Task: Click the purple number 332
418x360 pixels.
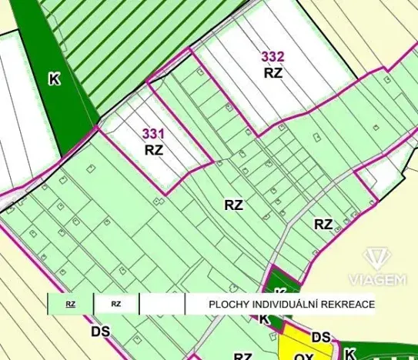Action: [x=273, y=56]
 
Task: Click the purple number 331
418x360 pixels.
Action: [x=153, y=134]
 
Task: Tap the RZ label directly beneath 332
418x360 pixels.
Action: [x=273, y=73]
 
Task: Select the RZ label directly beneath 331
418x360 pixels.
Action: [x=154, y=150]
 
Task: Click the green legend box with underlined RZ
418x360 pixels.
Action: [x=71, y=305]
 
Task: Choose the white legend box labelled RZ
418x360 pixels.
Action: [x=115, y=305]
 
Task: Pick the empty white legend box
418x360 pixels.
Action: [x=162, y=305]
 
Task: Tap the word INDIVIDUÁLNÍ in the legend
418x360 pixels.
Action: [x=287, y=305]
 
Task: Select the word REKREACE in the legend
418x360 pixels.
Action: [x=350, y=305]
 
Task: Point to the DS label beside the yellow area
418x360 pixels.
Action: [x=321, y=337]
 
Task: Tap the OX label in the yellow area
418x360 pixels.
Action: [x=303, y=355]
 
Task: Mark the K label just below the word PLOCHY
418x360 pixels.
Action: [x=264, y=318]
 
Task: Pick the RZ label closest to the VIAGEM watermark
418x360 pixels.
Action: [x=323, y=225]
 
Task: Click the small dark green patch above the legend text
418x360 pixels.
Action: [x=280, y=282]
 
